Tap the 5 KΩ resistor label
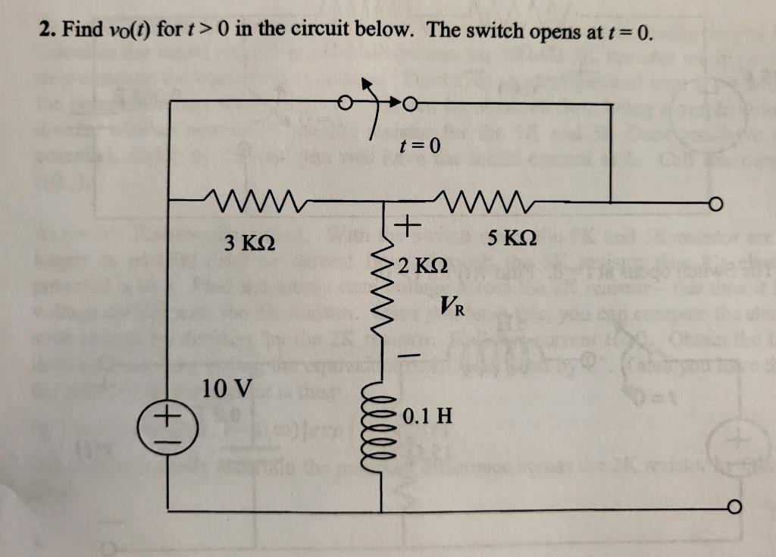[x=512, y=239]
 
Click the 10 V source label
[x=227, y=390]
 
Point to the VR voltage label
[x=451, y=308]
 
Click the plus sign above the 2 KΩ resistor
[x=408, y=225]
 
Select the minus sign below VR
[x=409, y=355]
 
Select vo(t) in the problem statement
[x=128, y=31]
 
